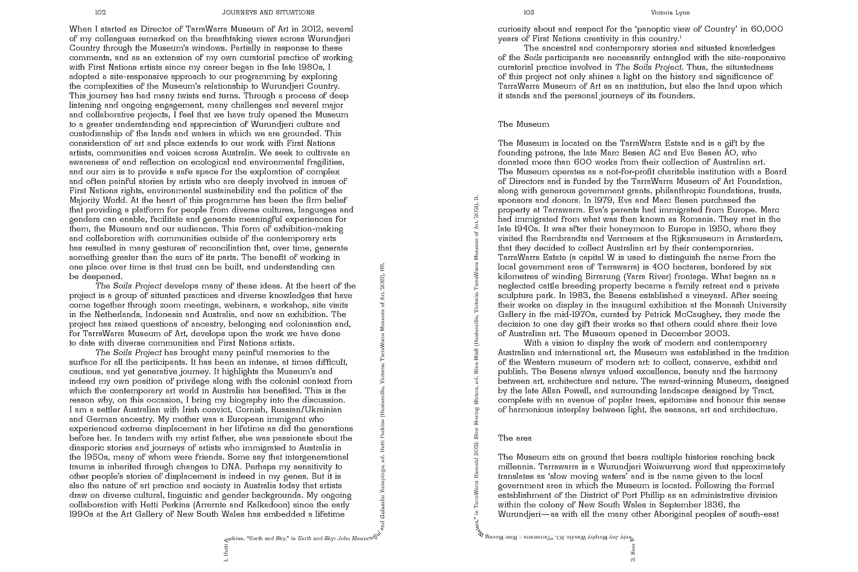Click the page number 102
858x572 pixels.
point(100,12)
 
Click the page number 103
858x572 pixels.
point(529,12)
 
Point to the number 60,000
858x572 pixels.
point(766,29)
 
